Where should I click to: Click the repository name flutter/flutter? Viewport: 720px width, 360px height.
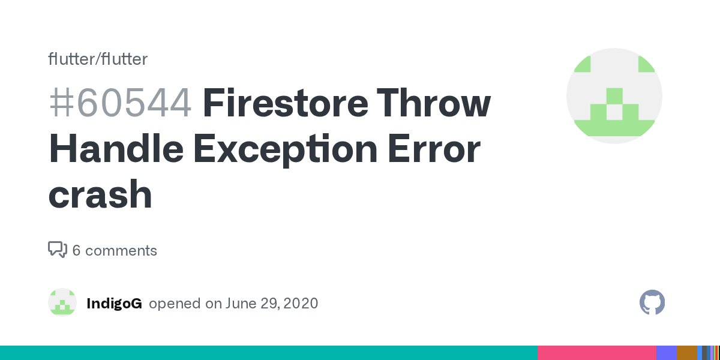(98, 59)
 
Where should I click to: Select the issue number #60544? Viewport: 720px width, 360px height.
(120, 103)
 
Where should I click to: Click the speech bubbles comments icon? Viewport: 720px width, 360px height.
(57, 250)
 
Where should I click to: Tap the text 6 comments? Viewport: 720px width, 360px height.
(115, 250)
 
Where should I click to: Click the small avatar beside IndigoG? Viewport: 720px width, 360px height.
(62, 303)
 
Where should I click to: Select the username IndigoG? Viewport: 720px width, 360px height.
(114, 304)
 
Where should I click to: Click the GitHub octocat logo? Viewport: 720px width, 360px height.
(652, 303)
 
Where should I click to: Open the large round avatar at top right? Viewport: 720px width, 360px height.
(614, 96)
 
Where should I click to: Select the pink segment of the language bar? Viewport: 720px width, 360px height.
(596, 353)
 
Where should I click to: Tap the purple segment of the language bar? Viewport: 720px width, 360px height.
(666, 353)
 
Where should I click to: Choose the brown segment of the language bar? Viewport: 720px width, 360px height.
(686, 353)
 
